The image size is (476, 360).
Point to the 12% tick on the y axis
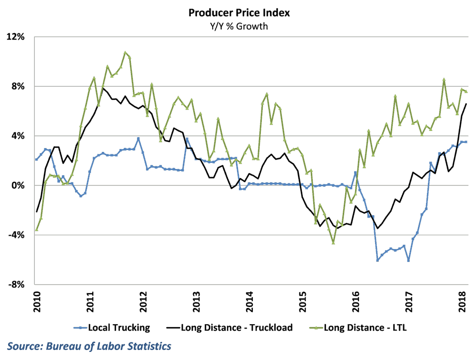tap(17, 37)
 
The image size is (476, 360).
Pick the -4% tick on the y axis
tap(18, 235)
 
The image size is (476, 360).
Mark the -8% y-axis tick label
tap(18, 284)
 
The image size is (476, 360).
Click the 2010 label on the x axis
tap(36, 300)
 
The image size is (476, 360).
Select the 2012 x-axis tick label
tap(142, 300)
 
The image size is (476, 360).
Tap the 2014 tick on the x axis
tap(248, 300)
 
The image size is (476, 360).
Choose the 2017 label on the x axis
tap(408, 300)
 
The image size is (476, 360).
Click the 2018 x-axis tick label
tap(461, 300)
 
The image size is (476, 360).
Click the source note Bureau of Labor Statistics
tap(89, 346)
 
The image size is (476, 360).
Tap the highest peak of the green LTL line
tap(125, 52)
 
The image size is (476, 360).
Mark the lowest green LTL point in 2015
tap(333, 243)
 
